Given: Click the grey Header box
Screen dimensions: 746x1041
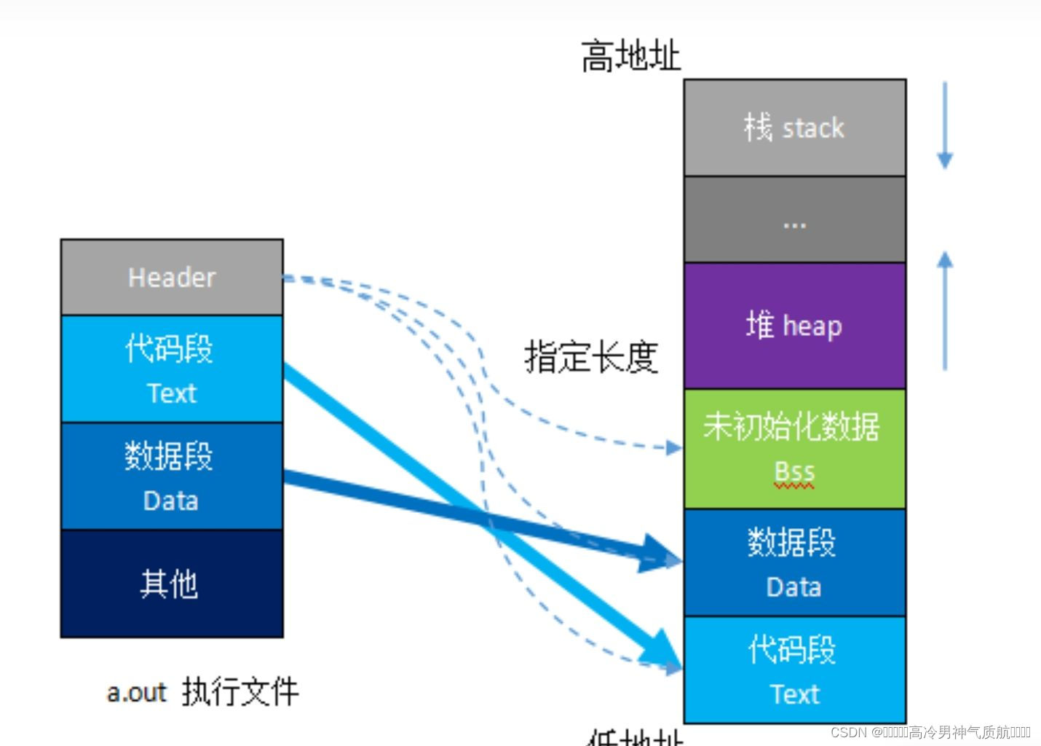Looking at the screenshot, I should coord(172,278).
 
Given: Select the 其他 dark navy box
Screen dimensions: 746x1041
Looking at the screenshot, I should coord(172,584).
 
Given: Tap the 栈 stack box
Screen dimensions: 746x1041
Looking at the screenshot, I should coord(794,128).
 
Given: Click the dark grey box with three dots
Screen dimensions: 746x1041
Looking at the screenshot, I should coord(794,220).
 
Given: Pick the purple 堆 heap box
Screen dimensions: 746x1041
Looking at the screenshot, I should coord(794,326).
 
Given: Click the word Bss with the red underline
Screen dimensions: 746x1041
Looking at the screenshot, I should coord(794,472).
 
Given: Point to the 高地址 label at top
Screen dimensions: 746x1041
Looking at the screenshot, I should coord(630,56).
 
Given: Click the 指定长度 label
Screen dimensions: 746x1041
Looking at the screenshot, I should coord(591,357).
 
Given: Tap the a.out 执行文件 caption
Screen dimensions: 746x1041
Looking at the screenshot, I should coord(202,691).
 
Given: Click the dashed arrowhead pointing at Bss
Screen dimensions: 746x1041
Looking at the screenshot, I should coord(674,447).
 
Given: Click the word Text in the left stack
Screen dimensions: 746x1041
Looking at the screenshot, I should coord(172,393).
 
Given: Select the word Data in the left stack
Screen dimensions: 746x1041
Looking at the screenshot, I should coord(171,501).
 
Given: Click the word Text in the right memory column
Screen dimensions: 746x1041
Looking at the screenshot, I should coord(794,694).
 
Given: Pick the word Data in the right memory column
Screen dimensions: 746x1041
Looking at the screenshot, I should coord(793,587).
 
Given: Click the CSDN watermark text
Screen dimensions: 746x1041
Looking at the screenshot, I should coord(930,732).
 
